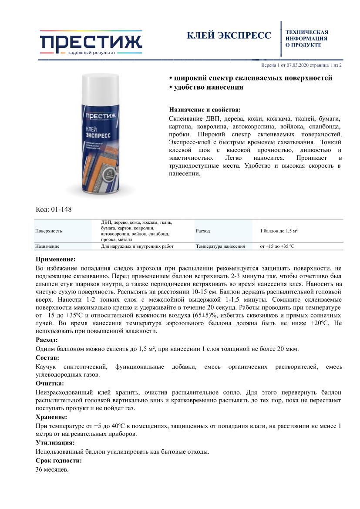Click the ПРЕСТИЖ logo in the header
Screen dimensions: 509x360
point(91,42)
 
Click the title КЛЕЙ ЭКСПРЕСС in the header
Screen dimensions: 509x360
point(229,36)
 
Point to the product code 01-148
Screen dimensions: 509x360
point(54,209)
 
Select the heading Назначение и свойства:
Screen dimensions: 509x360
point(204,110)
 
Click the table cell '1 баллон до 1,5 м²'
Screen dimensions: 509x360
point(279,231)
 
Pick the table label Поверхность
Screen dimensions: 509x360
point(49,231)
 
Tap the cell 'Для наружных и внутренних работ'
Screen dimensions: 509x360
point(137,246)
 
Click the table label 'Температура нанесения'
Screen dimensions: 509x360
point(220,246)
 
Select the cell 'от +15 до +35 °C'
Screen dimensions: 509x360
point(277,246)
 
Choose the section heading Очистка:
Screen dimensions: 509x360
point(50,383)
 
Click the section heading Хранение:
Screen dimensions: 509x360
point(51,417)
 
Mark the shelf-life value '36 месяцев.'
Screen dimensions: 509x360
point(52,470)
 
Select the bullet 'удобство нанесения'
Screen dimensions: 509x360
point(206,88)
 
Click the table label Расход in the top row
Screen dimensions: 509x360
point(203,231)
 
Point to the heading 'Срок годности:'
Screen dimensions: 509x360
point(59,460)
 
